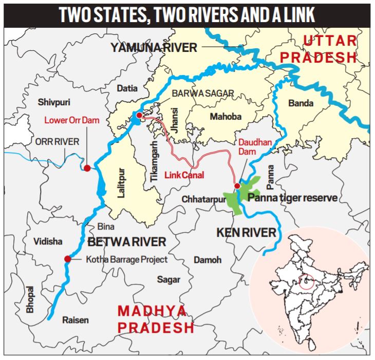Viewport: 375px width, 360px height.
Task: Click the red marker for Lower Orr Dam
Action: click(87, 168)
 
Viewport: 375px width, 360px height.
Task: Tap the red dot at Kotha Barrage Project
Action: click(67, 259)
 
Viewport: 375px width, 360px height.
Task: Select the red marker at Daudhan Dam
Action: click(237, 186)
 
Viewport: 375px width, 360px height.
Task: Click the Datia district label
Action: click(127, 88)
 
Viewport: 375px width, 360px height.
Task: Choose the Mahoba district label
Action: click(225, 117)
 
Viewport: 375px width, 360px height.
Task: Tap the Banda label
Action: click(301, 103)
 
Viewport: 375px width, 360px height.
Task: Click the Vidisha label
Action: click(47, 241)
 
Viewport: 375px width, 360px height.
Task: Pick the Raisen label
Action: click(76, 319)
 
